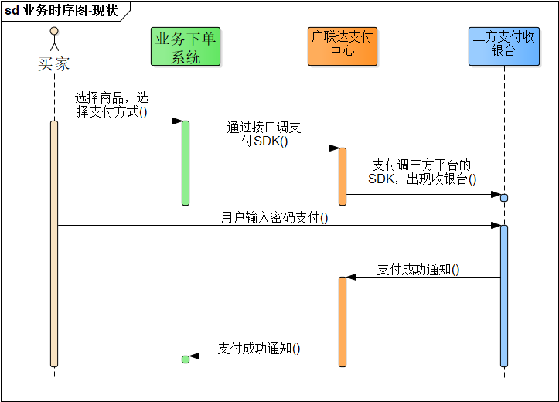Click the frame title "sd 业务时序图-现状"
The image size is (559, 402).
click(x=61, y=9)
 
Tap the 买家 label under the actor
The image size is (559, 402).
click(x=54, y=64)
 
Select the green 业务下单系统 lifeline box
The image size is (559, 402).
click(x=186, y=46)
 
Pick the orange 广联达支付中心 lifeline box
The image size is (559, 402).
click(x=342, y=46)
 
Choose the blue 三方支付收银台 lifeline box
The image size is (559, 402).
click(x=503, y=46)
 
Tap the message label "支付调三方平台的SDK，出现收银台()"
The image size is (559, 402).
click(x=422, y=172)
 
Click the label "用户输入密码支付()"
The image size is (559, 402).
click(x=274, y=218)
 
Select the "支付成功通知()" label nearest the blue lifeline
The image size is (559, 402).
click(x=418, y=270)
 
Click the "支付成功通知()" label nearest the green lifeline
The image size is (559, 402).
click(x=259, y=348)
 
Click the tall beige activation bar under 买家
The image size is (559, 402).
click(x=54, y=244)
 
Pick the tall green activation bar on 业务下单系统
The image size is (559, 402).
click(x=186, y=162)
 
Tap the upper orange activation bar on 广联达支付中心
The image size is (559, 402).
click(x=342, y=176)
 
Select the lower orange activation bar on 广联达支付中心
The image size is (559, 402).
click(x=342, y=321)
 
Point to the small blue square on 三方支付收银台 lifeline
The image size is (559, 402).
click(x=504, y=198)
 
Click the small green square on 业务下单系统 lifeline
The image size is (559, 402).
click(x=186, y=359)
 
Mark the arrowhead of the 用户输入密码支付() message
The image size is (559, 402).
click(x=496, y=226)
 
